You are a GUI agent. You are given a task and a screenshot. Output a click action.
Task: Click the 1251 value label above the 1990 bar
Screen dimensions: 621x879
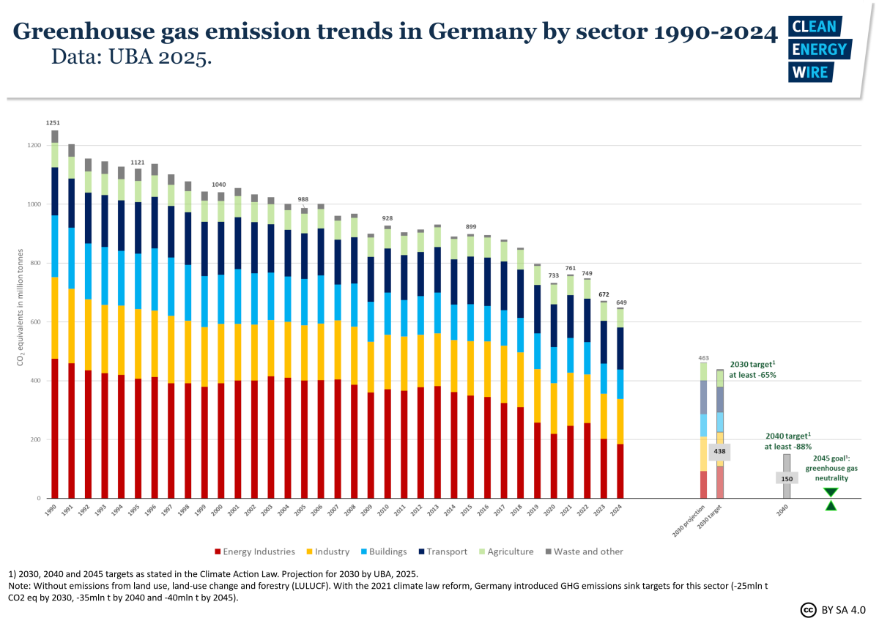point(54,122)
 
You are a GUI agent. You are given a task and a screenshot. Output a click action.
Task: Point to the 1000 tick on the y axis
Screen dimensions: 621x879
point(36,204)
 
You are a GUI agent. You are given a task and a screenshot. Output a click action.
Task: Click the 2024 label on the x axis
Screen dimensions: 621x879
point(618,510)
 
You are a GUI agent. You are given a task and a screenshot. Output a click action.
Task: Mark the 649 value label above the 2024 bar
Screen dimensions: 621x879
point(620,302)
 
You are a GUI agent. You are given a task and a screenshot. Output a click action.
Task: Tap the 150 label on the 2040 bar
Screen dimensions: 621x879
point(787,477)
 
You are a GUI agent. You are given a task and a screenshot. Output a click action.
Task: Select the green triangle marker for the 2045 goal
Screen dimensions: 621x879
point(830,499)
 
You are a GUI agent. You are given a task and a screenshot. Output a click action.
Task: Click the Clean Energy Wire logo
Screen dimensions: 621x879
point(817,49)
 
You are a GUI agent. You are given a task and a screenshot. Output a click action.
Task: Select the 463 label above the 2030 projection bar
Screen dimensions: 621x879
point(703,357)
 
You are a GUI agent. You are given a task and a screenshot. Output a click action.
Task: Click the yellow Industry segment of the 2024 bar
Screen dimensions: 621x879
point(620,421)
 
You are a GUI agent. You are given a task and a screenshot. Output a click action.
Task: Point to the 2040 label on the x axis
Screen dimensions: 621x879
point(785,510)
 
